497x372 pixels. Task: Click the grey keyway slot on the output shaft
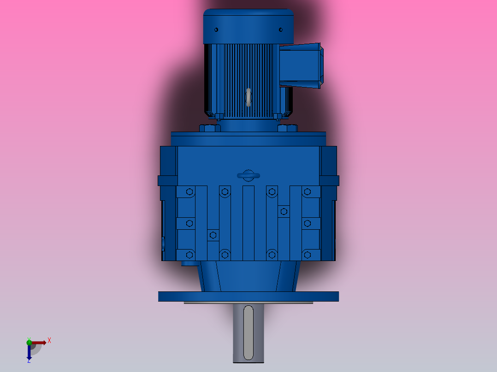click(x=248, y=332)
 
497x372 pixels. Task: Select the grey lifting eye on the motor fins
click(x=248, y=97)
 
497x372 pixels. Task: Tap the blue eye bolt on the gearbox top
click(x=248, y=175)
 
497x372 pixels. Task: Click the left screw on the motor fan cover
click(x=217, y=30)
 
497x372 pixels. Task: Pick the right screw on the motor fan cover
click(x=280, y=30)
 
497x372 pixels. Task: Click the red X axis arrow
click(x=39, y=342)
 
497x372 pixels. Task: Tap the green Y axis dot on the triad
click(x=29, y=341)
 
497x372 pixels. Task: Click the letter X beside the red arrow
click(x=49, y=341)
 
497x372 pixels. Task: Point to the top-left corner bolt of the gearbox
click(x=189, y=192)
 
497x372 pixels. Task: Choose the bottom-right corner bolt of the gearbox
click(x=308, y=254)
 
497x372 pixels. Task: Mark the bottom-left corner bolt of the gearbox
click(x=189, y=254)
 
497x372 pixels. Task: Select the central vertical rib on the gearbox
click(x=248, y=223)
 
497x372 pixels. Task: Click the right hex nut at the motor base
click(x=287, y=128)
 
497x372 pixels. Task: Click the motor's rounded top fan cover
click(x=248, y=25)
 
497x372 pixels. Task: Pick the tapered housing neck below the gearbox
click(x=248, y=276)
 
